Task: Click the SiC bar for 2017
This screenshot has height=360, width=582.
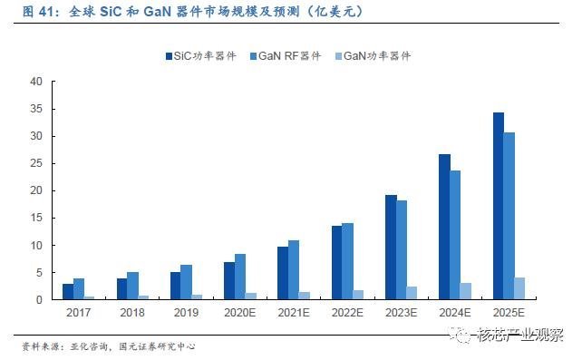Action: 68,291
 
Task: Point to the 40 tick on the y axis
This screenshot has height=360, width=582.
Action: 36,82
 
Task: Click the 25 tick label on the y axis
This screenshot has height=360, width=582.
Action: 36,163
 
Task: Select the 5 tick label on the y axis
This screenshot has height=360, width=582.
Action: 39,273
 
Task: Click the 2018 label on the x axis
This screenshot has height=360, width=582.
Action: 133,313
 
